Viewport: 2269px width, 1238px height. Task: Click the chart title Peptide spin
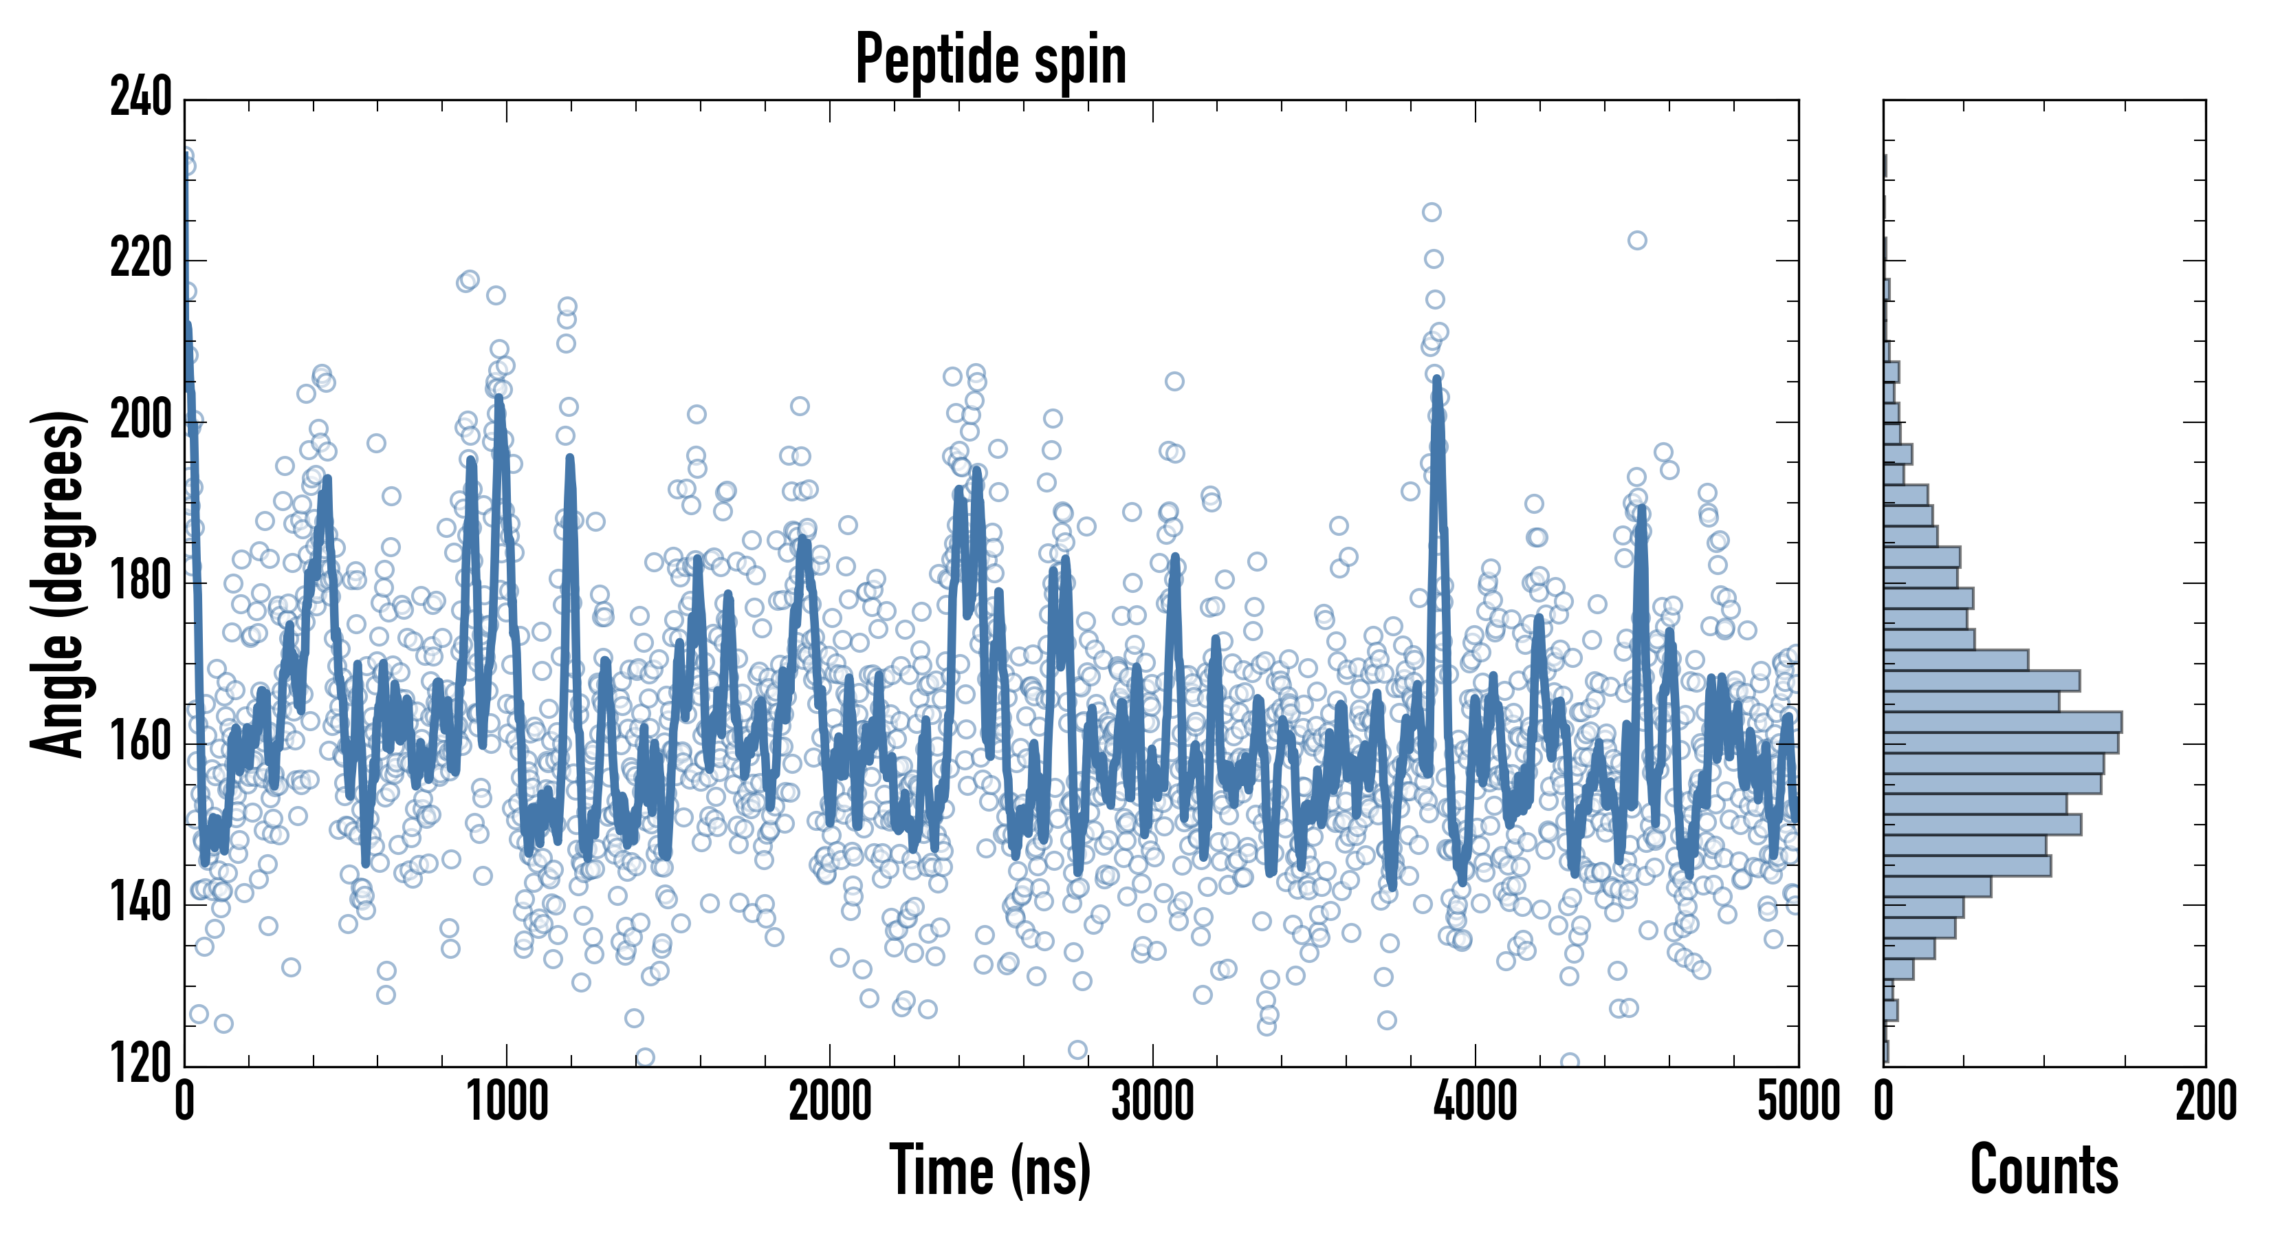click(x=991, y=59)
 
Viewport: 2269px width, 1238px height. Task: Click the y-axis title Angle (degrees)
click(x=58, y=583)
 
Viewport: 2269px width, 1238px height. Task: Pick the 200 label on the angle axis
click(x=141, y=420)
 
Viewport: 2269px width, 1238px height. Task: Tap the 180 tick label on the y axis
click(x=141, y=582)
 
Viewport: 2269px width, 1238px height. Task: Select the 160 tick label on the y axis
click(x=141, y=743)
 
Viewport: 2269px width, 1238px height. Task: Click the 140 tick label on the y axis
click(x=141, y=904)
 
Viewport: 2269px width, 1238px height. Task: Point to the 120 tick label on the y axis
click(x=141, y=1065)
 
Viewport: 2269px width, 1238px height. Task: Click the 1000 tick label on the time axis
click(x=507, y=1101)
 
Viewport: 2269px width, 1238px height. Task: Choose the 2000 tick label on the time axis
click(x=830, y=1101)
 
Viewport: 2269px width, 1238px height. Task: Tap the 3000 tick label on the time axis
click(x=1152, y=1101)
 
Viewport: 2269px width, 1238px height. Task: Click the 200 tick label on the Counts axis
click(x=2204, y=1101)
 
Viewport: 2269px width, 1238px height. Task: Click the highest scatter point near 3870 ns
click(x=1432, y=213)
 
